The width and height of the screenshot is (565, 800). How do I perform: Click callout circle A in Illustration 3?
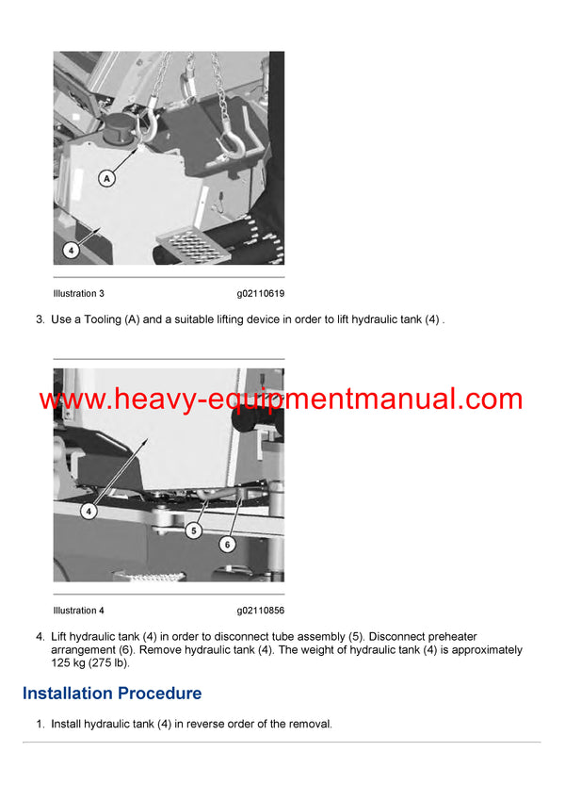[x=107, y=177]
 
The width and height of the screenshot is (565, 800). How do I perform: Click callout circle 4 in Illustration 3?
[x=72, y=251]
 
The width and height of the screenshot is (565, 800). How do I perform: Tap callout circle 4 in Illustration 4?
[x=89, y=512]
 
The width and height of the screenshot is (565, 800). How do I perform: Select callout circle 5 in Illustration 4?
[x=193, y=531]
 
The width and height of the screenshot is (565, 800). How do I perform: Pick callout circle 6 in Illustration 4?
[x=227, y=544]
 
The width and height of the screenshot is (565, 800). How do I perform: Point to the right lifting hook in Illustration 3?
[x=229, y=141]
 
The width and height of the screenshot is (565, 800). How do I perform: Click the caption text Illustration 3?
[x=79, y=294]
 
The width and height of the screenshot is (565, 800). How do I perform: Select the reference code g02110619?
[x=261, y=294]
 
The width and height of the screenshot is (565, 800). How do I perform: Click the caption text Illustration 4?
[x=79, y=611]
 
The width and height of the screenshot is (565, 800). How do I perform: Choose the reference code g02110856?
[x=261, y=611]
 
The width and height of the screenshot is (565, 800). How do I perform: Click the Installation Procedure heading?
[x=112, y=694]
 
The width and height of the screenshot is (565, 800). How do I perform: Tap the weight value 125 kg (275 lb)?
[x=89, y=662]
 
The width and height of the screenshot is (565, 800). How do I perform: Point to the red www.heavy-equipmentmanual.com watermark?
[x=281, y=400]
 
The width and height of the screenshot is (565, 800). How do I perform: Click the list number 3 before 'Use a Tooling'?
[x=40, y=320]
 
